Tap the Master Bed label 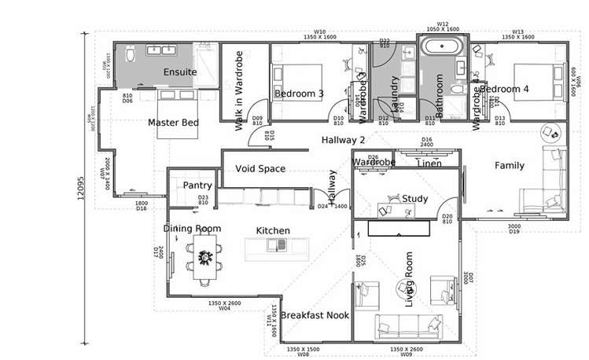173,123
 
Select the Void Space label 260,168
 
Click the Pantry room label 193,185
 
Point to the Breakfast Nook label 315,314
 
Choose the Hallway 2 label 344,140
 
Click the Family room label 509,165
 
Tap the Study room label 414,199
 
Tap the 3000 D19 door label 514,229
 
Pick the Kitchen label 273,230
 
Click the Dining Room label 192,228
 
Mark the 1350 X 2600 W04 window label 224,306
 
